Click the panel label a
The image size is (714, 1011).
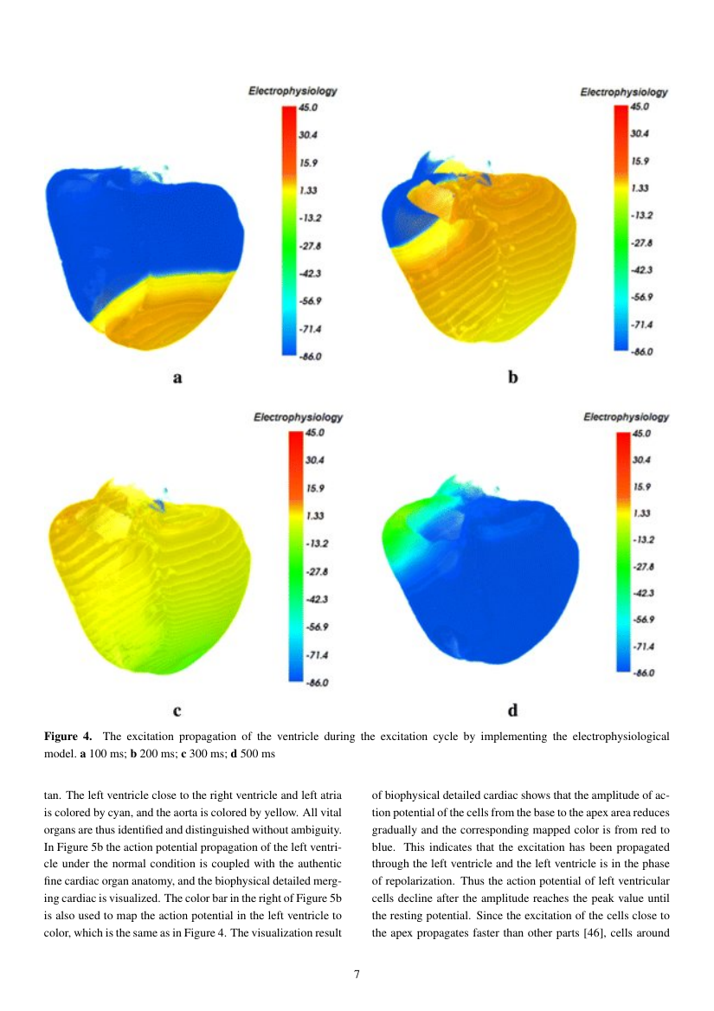tap(177, 377)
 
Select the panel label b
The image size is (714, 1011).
tap(512, 377)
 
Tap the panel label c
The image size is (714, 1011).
tap(177, 712)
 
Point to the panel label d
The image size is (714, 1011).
tap(512, 712)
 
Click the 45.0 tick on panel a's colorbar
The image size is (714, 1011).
tap(308, 107)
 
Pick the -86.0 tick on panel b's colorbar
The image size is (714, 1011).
tap(641, 351)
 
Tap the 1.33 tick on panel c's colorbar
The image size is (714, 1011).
tap(315, 516)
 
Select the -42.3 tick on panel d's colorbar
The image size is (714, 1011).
tap(643, 593)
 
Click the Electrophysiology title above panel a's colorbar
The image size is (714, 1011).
tap(293, 91)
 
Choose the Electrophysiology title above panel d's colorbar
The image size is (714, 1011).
tap(626, 417)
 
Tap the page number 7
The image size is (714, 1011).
tap(357, 974)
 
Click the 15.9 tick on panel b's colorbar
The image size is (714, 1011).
tap(640, 161)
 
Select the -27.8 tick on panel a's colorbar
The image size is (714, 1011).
tap(309, 247)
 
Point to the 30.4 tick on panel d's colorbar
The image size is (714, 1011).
tap(643, 460)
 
